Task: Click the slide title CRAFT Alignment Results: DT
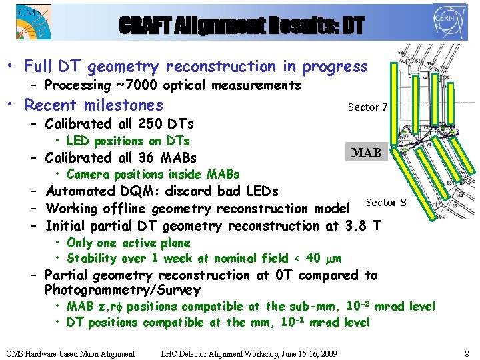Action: [x=242, y=25]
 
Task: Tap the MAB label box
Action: [x=366, y=153]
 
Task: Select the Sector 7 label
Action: [x=367, y=107]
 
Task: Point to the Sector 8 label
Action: [x=386, y=203]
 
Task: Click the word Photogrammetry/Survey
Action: [x=122, y=290]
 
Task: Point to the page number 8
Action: [x=467, y=353]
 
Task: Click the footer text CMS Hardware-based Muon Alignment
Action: [x=70, y=353]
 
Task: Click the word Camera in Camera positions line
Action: [x=88, y=175]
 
